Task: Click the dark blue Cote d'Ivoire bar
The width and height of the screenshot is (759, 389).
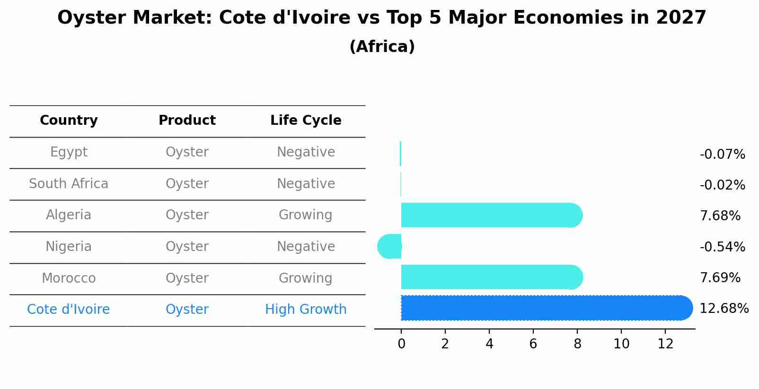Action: pos(544,308)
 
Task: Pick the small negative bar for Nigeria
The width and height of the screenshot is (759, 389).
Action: pos(390,246)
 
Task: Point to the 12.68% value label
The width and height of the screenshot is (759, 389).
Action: pos(724,309)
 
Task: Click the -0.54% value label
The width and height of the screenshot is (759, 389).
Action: pos(722,247)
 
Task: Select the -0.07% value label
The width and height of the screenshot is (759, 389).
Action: pos(722,155)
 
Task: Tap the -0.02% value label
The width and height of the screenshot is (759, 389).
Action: pos(722,185)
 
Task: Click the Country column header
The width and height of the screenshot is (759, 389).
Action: pos(69,121)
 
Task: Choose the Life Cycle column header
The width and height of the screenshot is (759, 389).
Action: pos(306,121)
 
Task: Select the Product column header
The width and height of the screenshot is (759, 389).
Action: pos(187,121)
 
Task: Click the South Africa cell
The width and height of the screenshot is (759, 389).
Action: pos(69,184)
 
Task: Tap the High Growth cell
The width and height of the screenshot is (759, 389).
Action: pos(306,310)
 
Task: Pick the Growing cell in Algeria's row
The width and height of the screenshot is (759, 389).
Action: pos(306,215)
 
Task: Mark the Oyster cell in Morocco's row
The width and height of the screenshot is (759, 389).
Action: pos(187,278)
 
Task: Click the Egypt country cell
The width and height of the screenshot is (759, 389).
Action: pos(69,152)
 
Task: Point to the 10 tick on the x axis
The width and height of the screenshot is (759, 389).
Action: pos(621,344)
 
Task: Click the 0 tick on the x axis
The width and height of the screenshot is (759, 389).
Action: pos(401,344)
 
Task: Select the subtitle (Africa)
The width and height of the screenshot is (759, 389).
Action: pos(382,47)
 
